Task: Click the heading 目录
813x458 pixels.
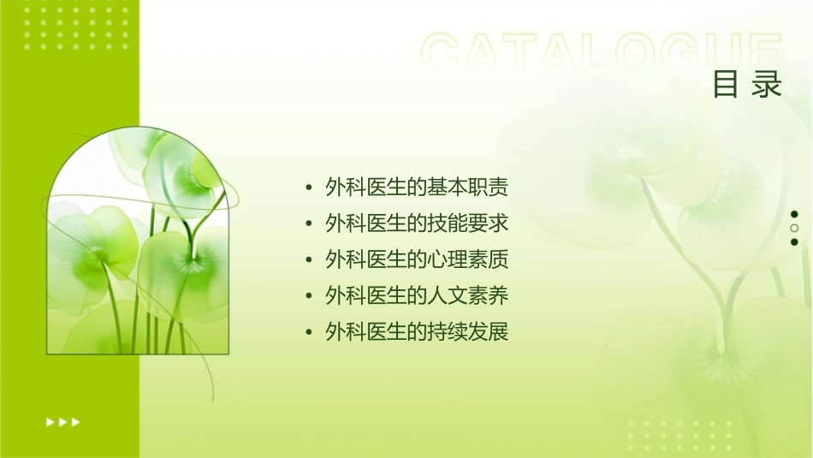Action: [x=747, y=85]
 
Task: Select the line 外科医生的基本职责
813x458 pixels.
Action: [x=417, y=187]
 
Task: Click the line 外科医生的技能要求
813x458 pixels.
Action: [x=417, y=223]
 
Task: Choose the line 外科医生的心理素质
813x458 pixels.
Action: [x=417, y=259]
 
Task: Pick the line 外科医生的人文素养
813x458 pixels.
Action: [x=417, y=296]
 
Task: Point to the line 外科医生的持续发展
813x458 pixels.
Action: [x=417, y=332]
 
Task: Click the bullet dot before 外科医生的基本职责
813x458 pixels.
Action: [x=308, y=188]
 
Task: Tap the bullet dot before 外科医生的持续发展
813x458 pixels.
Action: [x=308, y=333]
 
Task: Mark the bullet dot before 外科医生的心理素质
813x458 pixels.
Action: [x=308, y=260]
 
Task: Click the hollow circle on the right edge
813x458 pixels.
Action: [x=794, y=228]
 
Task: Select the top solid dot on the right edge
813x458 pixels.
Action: [x=794, y=214]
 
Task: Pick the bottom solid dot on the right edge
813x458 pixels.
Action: [x=794, y=242]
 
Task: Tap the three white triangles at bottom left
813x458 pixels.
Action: [x=62, y=421]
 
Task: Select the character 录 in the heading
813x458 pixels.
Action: [x=768, y=85]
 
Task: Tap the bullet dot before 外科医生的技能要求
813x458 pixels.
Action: [x=308, y=224]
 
